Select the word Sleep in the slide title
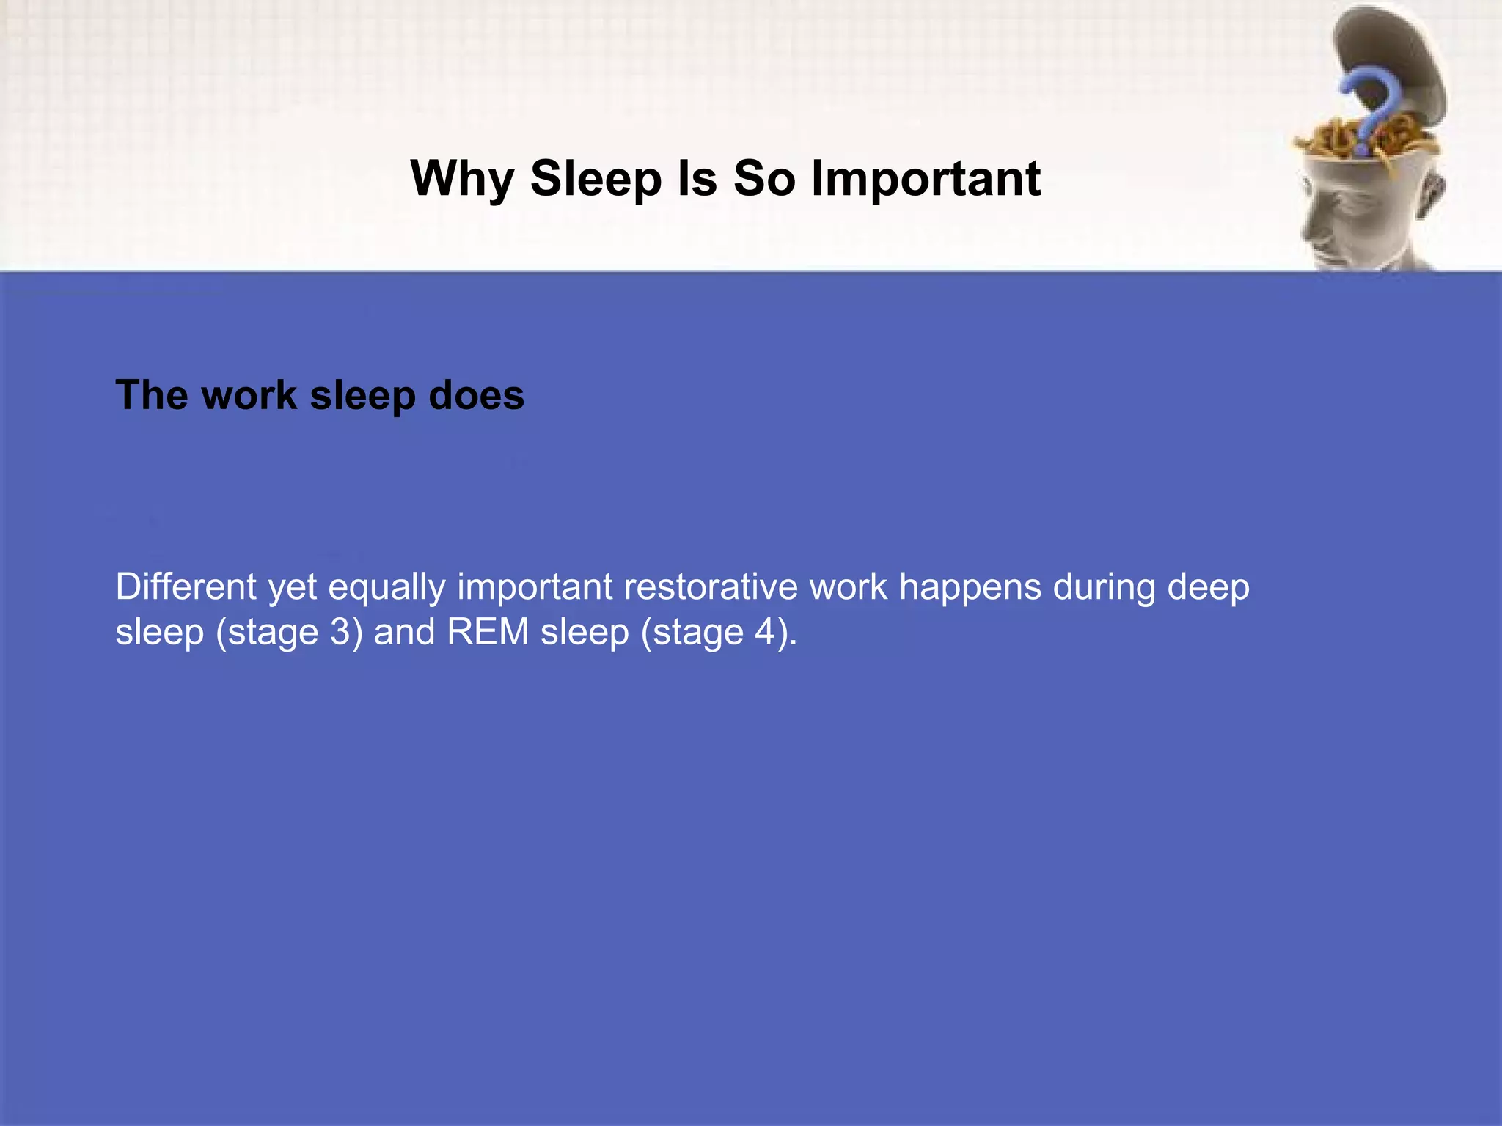[596, 179]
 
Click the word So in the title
[763, 179]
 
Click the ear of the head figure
[1430, 194]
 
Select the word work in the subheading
[249, 395]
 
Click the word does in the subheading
[476, 395]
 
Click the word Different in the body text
[186, 587]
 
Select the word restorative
[711, 587]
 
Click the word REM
[488, 632]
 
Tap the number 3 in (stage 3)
[340, 632]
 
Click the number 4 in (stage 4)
[766, 632]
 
